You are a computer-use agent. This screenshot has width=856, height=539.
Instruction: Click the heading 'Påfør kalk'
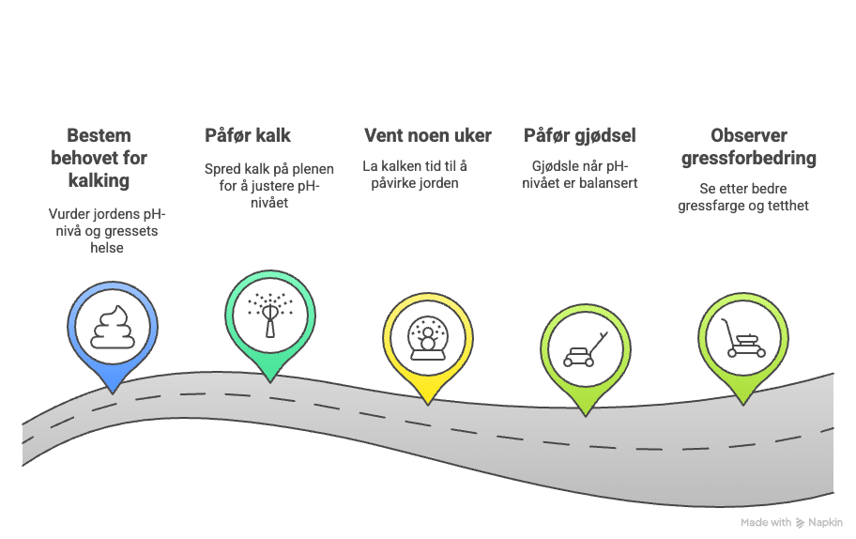(248, 135)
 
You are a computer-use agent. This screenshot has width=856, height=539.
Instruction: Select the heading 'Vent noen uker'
(427, 135)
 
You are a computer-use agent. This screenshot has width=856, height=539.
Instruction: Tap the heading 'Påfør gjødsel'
(579, 135)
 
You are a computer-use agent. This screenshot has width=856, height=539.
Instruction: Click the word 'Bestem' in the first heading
(99, 135)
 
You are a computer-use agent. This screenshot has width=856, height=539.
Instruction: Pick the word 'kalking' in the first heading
(99, 179)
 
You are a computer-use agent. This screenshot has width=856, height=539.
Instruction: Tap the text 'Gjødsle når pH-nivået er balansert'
(579, 175)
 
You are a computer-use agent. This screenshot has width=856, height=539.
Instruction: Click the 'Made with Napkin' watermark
(790, 523)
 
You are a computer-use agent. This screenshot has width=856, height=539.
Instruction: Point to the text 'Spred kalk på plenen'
(269, 169)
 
